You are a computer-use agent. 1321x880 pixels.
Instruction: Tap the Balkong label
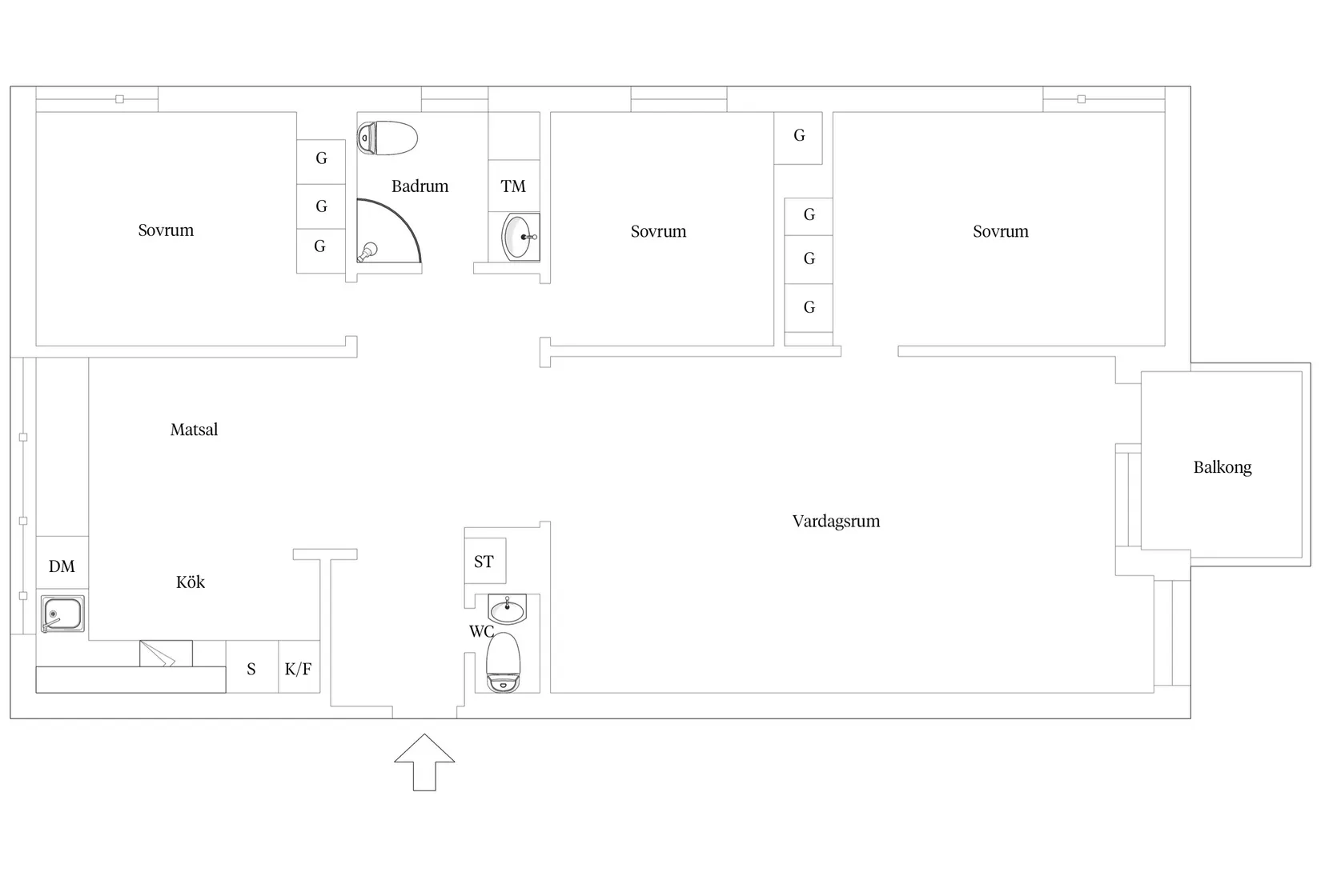[1223, 467]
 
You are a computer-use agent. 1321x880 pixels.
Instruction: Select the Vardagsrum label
[837, 521]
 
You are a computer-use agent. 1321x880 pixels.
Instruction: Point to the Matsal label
[194, 430]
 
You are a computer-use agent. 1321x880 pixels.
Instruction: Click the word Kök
[191, 582]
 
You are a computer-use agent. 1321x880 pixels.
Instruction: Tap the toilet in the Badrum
[387, 138]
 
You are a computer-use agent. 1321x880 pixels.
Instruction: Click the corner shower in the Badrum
[388, 230]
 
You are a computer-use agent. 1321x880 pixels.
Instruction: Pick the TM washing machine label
[513, 186]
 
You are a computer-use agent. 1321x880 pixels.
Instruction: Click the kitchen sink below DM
[62, 614]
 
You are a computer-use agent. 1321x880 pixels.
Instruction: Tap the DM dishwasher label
[62, 566]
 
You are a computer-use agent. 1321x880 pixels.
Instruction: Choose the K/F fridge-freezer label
[299, 669]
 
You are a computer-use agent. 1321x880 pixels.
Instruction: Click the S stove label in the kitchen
[251, 669]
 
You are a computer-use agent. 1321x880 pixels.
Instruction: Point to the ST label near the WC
[484, 562]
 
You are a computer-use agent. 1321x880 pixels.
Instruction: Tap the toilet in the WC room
[503, 662]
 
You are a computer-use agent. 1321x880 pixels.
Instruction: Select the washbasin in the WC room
[507, 609]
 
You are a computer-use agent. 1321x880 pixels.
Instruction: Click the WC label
[481, 632]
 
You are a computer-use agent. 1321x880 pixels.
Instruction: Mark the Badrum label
[420, 186]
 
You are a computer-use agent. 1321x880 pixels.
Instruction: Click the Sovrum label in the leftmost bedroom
[166, 230]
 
